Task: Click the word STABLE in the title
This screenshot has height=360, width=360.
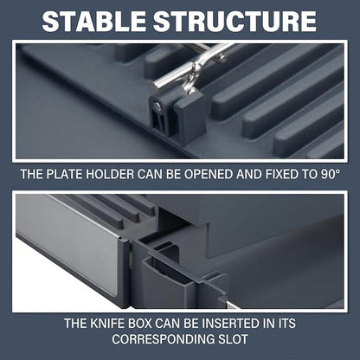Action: [94, 22]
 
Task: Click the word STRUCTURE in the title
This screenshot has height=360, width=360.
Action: [235, 22]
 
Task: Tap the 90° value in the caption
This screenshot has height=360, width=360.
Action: [329, 175]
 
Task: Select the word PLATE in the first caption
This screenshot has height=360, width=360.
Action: [65, 175]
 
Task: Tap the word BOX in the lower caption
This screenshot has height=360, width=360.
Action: [140, 324]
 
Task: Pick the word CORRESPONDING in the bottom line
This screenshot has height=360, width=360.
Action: [162, 339]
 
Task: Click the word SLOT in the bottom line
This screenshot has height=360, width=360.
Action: [232, 339]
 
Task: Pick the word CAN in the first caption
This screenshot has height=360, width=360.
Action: [148, 175]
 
